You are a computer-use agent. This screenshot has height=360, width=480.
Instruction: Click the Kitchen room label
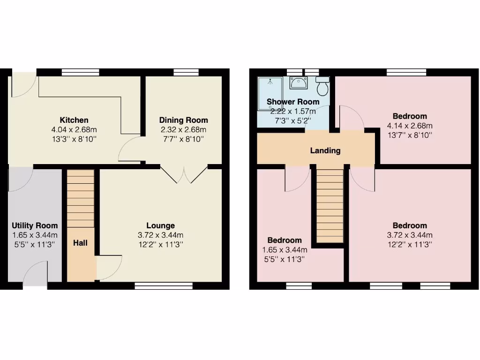[74, 120]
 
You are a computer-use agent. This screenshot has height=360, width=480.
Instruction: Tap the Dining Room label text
[183, 120]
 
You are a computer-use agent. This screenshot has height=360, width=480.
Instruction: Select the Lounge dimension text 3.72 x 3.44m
[160, 235]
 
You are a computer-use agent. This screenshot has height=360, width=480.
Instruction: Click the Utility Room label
[35, 226]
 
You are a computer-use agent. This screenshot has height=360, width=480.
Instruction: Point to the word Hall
[80, 243]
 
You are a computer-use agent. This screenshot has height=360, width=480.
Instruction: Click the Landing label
[325, 151]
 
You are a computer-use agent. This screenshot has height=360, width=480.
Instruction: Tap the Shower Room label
[293, 102]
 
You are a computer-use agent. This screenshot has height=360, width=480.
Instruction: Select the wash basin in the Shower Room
[298, 83]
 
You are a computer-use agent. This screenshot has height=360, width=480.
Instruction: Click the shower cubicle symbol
[270, 93]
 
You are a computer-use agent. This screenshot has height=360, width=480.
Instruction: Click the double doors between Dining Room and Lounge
[184, 174]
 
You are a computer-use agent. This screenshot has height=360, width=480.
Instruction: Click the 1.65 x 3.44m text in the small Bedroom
[284, 250]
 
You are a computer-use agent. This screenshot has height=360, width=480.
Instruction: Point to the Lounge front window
[164, 285]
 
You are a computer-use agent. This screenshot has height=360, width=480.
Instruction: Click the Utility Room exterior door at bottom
[36, 277]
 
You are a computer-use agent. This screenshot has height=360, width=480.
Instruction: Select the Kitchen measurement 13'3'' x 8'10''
[74, 139]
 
